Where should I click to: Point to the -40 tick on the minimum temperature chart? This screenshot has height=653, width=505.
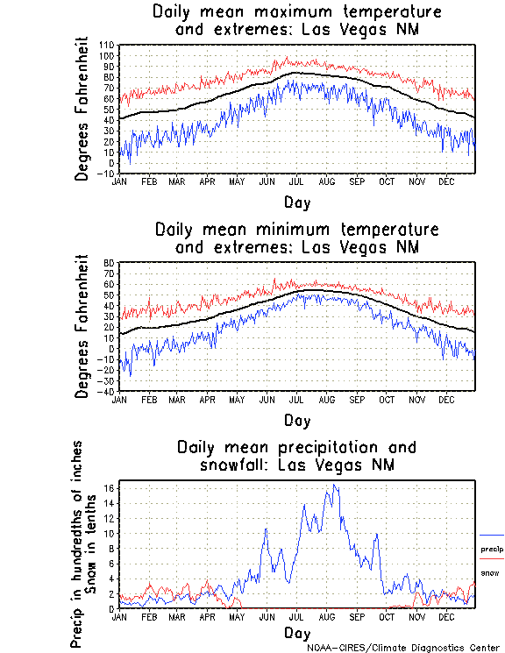pos(107,391)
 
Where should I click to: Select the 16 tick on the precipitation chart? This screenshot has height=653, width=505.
pos(109,487)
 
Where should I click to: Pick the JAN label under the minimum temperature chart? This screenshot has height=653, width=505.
pos(119,400)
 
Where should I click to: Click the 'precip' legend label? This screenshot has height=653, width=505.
pos(492,549)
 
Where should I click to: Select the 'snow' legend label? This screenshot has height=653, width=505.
pos(489,573)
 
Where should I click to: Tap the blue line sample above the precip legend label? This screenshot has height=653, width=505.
pos(492,535)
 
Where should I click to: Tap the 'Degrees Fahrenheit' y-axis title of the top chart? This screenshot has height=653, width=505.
pos(82,109)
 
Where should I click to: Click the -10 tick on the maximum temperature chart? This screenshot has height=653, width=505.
pos(105,173)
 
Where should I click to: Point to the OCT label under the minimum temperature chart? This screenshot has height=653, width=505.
pos(387,400)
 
